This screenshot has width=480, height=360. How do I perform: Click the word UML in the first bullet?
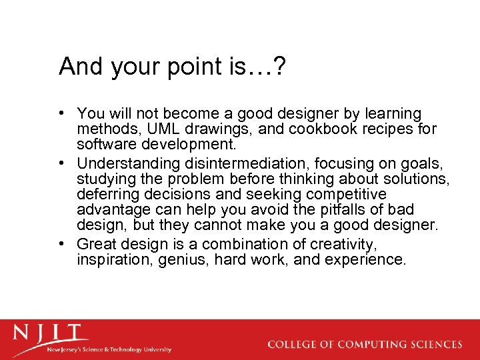145,129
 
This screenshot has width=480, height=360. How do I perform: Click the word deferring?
105,195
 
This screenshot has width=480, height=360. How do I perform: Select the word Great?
96,244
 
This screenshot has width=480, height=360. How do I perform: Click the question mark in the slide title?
281,67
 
